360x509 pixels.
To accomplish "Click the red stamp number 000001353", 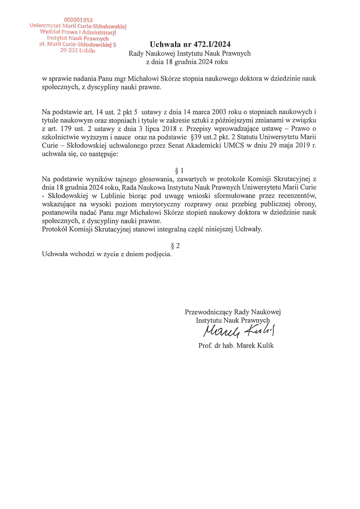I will pyautogui.click(x=78, y=20).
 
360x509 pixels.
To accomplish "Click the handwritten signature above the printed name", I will pyautogui.click(x=239, y=331).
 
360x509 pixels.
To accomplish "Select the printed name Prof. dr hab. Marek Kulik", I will pyautogui.click(x=236, y=345).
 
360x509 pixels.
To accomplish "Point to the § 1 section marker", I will pyautogui.click(x=179, y=171).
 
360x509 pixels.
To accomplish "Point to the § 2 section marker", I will pyautogui.click(x=175, y=246).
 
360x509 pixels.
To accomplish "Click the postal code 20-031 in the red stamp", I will pyautogui.click(x=69, y=50).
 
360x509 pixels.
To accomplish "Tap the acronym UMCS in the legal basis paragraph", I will pyautogui.click(x=234, y=145).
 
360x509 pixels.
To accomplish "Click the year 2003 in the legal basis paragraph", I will pyautogui.click(x=219, y=112).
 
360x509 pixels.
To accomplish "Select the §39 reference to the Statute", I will pyautogui.click(x=197, y=137).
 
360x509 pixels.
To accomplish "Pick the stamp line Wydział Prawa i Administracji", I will pyautogui.click(x=78, y=32).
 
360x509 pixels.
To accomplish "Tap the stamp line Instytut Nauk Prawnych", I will pyautogui.click(x=78, y=38).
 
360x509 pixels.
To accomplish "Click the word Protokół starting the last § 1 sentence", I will pyautogui.click(x=54, y=229).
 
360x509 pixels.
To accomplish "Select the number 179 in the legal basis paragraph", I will pyautogui.click(x=66, y=129).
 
